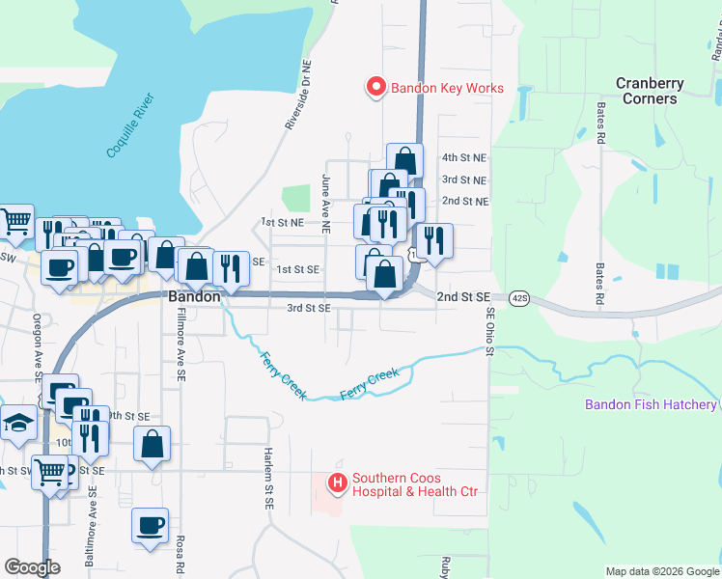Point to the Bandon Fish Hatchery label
[651, 404]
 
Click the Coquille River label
[130, 126]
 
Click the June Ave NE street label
[327, 204]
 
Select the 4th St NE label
[464, 156]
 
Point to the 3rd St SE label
[309, 308]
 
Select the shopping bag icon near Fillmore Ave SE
[153, 445]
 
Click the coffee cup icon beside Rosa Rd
[150, 526]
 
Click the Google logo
[33, 567]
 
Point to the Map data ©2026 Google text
[661, 571]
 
